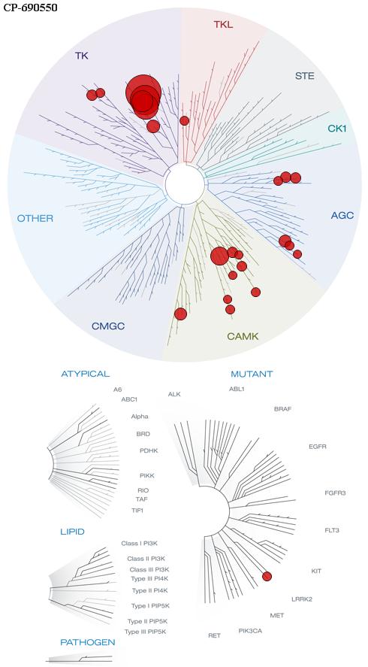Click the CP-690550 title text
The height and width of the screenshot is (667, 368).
coord(31,8)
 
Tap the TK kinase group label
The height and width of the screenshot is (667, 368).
coord(82,56)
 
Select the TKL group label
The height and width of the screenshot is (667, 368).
coord(223,25)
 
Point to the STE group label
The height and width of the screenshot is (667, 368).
coord(305,77)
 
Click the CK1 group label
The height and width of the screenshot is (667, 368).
coord(337,128)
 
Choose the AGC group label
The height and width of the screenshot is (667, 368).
coord(342,216)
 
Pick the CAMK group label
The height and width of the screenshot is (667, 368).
coord(243,337)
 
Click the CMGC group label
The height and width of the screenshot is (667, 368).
coord(108,326)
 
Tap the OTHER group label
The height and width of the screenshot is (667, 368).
coord(35,219)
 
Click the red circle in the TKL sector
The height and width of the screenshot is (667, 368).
coord(185,121)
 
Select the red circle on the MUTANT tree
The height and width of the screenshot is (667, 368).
coord(267,577)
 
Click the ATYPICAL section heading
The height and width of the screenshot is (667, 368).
coord(86,374)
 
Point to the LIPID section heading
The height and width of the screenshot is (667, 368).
coord(72,532)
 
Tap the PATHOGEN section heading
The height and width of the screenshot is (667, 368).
coord(88,642)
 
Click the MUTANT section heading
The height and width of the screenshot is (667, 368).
coord(252,374)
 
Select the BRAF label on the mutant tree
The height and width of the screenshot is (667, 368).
coord(283,409)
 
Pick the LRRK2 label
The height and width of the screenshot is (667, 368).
coord(302,599)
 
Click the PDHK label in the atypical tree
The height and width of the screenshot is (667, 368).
coord(149,450)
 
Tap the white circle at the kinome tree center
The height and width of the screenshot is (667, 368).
coord(185,183)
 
